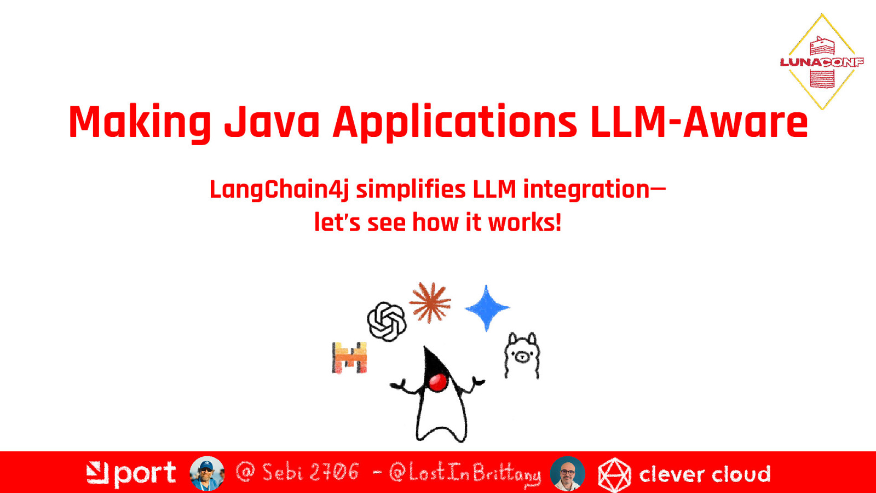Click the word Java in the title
point(272,122)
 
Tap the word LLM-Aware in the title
point(699,122)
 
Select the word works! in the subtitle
point(525,222)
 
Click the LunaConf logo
point(822,62)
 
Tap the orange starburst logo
point(430,302)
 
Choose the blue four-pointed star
point(487,308)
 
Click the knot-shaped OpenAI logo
point(387,322)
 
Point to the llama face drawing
point(522,356)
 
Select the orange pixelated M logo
point(350,358)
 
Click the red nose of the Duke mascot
point(437,382)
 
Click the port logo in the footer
point(131,474)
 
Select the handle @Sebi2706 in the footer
point(298,472)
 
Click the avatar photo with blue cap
point(207,473)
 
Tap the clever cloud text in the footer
point(705,474)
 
